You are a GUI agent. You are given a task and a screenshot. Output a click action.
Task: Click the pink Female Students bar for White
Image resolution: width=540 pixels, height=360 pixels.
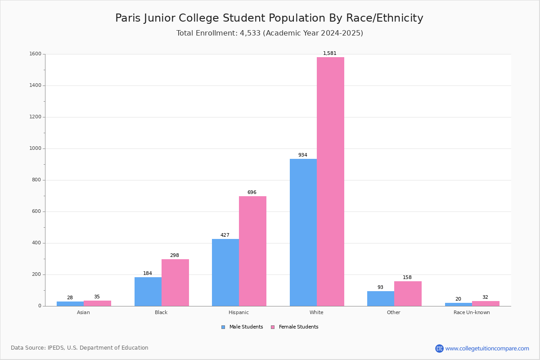tap(330, 181)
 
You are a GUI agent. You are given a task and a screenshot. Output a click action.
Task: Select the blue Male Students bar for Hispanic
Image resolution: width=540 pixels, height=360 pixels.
tap(225, 272)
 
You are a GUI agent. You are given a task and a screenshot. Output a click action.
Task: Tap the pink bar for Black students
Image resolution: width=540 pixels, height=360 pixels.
tap(175, 283)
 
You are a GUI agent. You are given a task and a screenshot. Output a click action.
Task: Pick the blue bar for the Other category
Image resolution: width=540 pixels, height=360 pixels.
tap(381, 298)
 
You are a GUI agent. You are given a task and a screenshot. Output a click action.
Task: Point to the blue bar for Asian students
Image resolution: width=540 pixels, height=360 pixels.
tap(70, 304)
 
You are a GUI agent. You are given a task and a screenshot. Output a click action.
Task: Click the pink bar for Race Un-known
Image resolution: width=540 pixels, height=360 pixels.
tap(486, 304)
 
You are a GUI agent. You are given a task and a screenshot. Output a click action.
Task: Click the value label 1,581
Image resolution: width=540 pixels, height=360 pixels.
tap(330, 53)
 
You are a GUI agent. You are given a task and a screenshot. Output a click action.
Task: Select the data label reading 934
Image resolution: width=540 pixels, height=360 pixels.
tap(303, 155)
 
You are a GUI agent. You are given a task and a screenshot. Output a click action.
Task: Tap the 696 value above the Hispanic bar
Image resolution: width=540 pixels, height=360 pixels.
tap(252, 192)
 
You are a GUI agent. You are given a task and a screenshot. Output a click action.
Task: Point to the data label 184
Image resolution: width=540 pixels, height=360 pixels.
tap(148, 273)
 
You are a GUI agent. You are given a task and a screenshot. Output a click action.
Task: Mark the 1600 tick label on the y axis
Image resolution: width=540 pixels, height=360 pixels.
tap(36, 54)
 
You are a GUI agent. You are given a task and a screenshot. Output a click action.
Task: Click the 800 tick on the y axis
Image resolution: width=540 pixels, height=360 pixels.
tap(36, 180)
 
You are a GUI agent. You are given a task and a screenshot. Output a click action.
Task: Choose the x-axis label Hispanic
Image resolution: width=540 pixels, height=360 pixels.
tap(238, 312)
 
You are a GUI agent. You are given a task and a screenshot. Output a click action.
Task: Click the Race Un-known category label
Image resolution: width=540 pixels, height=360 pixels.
tap(472, 312)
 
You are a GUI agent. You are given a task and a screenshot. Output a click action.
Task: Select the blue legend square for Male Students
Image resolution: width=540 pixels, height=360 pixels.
tap(223, 327)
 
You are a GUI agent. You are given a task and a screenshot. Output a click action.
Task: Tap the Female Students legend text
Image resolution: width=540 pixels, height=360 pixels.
tap(299, 327)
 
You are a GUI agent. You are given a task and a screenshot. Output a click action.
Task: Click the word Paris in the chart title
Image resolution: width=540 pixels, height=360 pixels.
tap(128, 18)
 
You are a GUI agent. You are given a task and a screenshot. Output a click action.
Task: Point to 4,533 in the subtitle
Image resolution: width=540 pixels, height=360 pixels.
tap(250, 33)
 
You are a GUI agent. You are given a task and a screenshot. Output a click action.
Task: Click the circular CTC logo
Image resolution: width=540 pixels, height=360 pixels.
tap(439, 348)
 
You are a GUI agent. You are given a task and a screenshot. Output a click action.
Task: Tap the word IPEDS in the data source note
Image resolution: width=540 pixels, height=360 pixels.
tap(56, 348)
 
